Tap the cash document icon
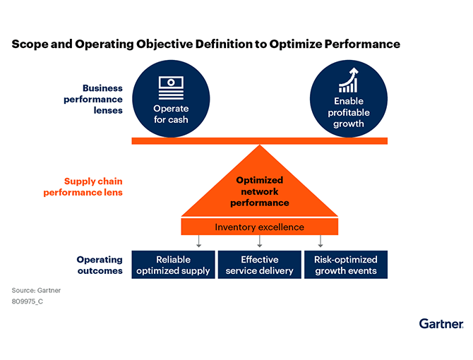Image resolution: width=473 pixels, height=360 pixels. [171, 88]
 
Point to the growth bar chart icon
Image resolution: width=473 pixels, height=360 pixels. [348, 81]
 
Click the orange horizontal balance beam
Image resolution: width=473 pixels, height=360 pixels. [259, 141]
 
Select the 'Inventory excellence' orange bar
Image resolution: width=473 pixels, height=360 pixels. [259, 227]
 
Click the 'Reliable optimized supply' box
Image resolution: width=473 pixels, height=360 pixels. [173, 265]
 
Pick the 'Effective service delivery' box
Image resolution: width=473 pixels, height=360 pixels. [260, 265]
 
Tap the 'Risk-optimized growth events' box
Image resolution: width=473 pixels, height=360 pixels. [346, 265]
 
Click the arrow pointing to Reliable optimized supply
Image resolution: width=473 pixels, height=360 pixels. [200, 242]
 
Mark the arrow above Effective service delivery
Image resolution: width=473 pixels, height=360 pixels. [261, 242]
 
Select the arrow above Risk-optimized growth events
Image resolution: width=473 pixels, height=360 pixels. [321, 242]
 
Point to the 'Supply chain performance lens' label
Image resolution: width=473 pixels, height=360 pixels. [83, 186]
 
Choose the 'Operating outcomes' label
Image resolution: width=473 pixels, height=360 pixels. [99, 265]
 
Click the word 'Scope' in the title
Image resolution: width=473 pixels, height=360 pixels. [29, 44]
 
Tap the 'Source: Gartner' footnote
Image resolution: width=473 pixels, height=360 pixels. [36, 290]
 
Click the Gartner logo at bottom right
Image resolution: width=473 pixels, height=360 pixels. [441, 323]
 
